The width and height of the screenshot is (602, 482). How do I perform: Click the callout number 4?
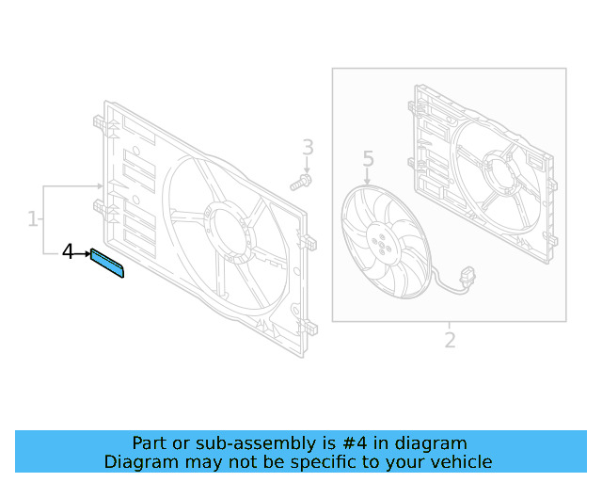coord(68,251)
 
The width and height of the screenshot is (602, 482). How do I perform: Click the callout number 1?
coord(33,218)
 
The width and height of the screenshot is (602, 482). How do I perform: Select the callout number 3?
coord(308,147)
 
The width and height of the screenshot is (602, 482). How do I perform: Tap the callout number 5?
coord(368,158)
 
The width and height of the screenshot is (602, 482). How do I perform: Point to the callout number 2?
coord(450,340)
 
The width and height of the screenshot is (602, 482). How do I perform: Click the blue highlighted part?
coord(107,263)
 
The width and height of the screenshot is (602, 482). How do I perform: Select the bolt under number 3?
coord(301,183)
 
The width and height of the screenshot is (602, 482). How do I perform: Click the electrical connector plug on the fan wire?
coord(468,276)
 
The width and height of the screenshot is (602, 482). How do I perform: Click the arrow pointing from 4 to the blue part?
coord(82,253)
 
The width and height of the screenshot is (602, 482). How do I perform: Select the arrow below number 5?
coord(367,176)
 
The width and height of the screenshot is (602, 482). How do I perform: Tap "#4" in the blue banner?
coord(354,443)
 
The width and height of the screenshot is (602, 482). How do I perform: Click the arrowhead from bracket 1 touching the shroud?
coord(101,186)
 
